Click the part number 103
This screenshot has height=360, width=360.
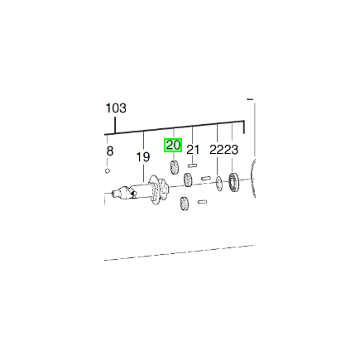coord(116,108)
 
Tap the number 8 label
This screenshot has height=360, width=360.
coord(110,151)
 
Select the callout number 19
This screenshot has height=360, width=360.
coord(143,157)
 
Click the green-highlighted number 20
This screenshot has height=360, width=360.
coord(173,145)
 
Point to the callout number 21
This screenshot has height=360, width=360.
coord(193,150)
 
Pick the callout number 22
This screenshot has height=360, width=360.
coord(217,150)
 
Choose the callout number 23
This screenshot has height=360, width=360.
coord(231,150)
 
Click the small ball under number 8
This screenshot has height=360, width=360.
coord(108,171)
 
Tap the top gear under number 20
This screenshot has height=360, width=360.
coord(174,167)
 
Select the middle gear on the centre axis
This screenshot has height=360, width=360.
coord(189,180)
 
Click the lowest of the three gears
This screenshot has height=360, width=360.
coord(184,204)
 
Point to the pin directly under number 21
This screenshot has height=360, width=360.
coord(192,166)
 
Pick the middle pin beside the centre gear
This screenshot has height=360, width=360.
coord(206,178)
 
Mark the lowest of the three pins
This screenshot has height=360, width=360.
coord(202,202)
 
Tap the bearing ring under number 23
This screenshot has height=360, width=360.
coord(234,182)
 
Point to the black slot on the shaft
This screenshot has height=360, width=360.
coord(133,193)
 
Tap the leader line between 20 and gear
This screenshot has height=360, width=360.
coord(174,156)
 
